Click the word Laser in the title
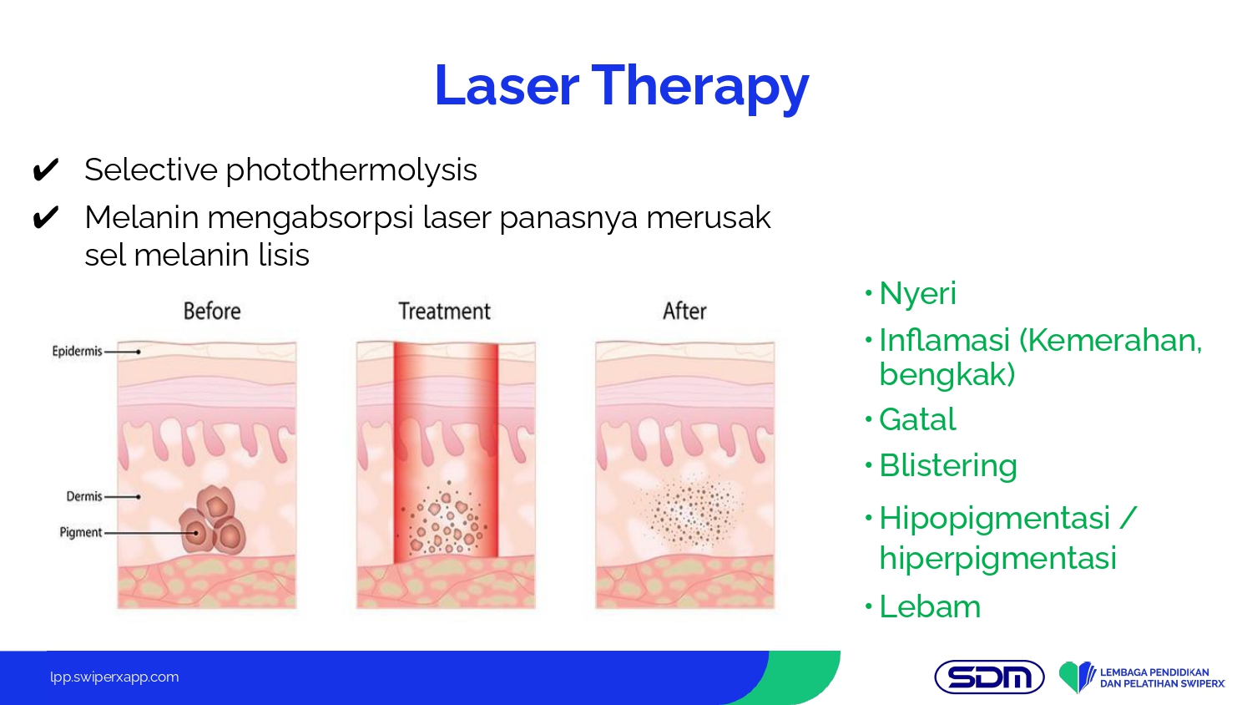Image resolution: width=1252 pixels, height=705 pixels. pos(507,85)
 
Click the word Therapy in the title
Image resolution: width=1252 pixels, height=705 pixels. pos(700,89)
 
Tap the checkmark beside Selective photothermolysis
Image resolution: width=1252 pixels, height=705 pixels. pos(46,170)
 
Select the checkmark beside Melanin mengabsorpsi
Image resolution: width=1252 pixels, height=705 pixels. pos(46,217)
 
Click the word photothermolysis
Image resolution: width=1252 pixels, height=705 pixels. pos(351,170)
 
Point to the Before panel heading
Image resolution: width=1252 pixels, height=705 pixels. pos(212,311)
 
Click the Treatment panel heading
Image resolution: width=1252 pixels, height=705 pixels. pos(444,311)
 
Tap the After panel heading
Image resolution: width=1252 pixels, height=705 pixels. pos(684,311)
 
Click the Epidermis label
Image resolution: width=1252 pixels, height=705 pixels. pos(77,352)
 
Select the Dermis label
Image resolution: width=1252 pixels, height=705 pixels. pos(84,496)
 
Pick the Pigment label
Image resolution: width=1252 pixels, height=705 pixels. pos(81,532)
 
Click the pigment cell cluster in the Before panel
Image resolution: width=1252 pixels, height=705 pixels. pos(213,520)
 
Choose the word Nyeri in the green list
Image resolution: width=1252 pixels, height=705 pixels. pos(918,294)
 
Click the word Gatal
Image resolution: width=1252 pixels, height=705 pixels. pos(917,419)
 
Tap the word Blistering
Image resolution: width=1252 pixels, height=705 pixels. pos(948,465)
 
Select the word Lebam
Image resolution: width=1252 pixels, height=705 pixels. pos(930,606)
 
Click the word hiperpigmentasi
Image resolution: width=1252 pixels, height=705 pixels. pos(997,559)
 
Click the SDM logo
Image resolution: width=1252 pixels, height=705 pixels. pos(989,677)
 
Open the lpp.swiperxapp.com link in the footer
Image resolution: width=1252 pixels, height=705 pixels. pos(114,677)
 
